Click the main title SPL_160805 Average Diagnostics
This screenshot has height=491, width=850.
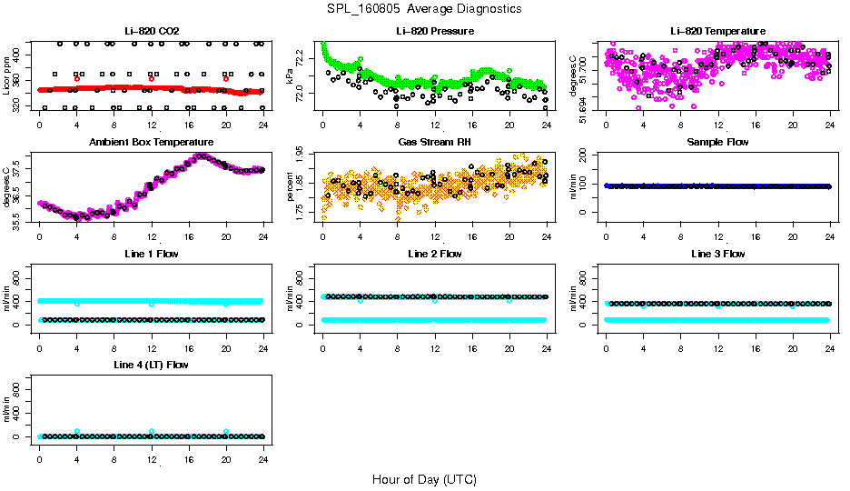click(424, 8)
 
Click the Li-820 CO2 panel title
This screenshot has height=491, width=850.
click(151, 32)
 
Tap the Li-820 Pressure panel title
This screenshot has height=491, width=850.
click(434, 32)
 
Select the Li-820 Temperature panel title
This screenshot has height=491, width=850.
click(717, 32)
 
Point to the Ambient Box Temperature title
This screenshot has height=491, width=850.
click(151, 143)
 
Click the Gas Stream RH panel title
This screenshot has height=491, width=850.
click(434, 143)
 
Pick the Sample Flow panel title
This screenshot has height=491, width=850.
click(717, 143)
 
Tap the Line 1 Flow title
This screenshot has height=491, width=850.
click(151, 254)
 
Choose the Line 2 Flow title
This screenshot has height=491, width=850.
click(434, 254)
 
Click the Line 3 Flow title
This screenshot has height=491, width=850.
click(717, 254)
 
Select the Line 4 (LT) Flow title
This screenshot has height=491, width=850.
click(151, 365)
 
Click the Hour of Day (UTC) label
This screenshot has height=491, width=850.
click(424, 479)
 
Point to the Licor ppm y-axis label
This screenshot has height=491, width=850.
click(7, 75)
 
